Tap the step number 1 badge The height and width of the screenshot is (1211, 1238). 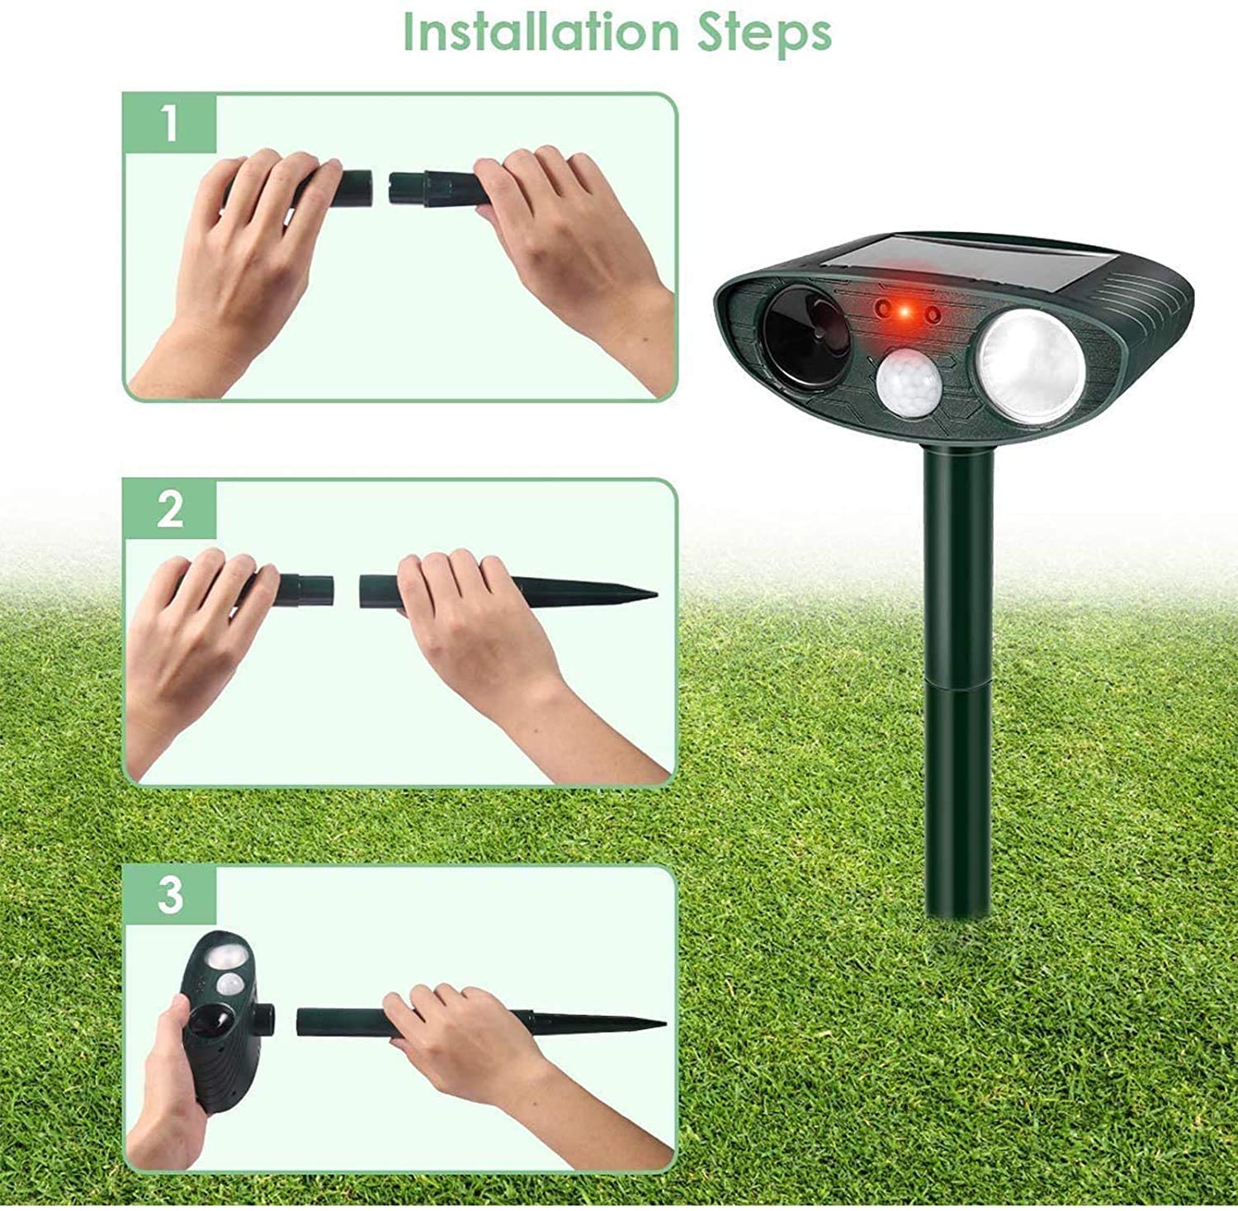[169, 123]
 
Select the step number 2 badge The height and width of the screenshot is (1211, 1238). [169, 509]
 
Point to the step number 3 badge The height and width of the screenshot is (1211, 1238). [169, 894]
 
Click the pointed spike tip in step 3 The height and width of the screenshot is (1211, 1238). [656, 1025]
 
